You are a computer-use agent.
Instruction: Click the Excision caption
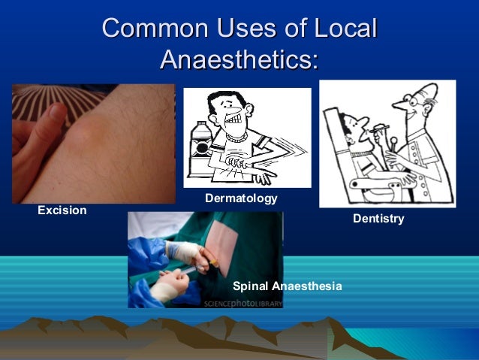coord(62,210)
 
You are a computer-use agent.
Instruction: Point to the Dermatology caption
coord(241,198)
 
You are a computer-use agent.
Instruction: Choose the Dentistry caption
coord(378,219)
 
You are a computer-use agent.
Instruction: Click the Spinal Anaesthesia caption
coord(287,286)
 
